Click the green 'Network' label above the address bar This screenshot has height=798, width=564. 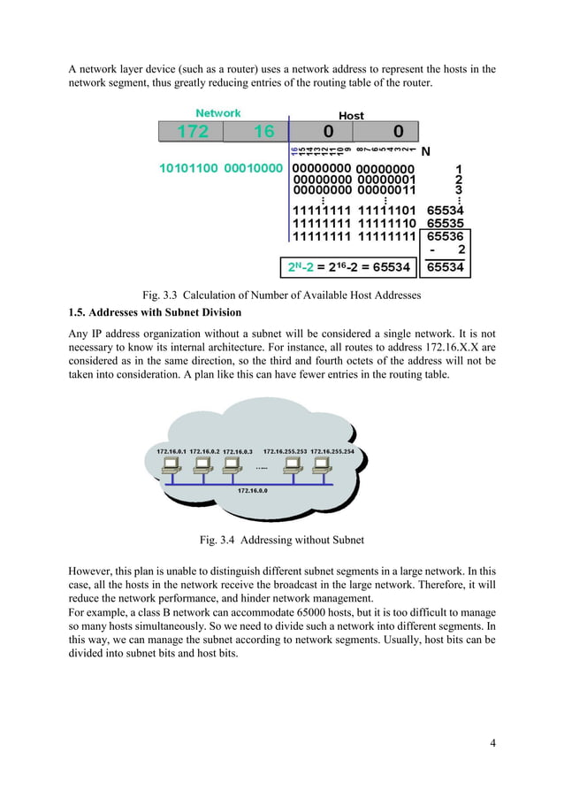pos(217,113)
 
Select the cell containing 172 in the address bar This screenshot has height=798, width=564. pos(192,132)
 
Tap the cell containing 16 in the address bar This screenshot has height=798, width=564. pos(263,132)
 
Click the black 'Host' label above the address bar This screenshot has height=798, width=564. pos(351,116)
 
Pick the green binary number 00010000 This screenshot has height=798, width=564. pos(254,168)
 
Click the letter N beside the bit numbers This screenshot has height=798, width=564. pos(425,151)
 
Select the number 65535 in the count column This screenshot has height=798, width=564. pos(445,224)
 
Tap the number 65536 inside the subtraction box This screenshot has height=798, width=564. pos(446,237)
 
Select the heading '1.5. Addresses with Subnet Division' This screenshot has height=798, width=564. pos(155,313)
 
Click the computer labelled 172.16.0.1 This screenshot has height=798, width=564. pos(171,469)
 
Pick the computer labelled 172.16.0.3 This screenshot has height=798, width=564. pos(238,469)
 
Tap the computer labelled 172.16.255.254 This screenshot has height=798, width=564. pos(332,469)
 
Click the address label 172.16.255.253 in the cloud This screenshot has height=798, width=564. pos(285,451)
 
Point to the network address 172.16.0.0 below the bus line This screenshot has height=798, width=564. pos(253,489)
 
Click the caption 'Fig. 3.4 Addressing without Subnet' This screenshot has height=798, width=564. pos(282,540)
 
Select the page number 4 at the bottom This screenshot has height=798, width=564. pos(492,741)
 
